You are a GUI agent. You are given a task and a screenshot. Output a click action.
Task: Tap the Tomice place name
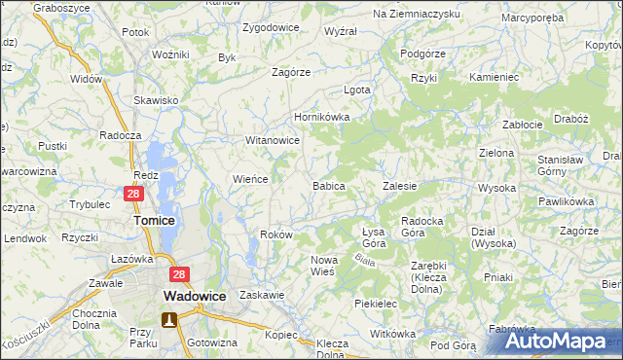tap(154, 221)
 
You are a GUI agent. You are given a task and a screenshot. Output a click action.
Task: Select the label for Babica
tap(328, 185)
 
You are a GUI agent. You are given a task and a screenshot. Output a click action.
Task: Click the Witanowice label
tap(272, 140)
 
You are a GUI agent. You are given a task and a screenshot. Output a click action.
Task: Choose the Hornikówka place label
tap(321, 118)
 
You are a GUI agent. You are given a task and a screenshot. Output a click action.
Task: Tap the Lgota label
tap(357, 90)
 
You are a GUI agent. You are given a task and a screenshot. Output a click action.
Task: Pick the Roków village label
tap(277, 235)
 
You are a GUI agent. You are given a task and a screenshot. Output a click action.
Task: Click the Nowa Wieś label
tap(323, 266)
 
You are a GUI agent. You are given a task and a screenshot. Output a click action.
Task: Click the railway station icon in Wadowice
tap(168, 319)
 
